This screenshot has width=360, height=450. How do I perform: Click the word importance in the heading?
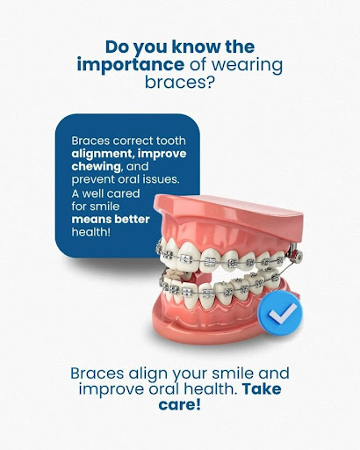click(x=131, y=65)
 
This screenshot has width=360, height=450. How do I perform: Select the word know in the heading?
click(x=196, y=47)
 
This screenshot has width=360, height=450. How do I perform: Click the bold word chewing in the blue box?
click(x=96, y=167)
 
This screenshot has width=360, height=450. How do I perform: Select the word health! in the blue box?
click(x=91, y=232)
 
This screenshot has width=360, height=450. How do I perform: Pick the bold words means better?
click(x=111, y=219)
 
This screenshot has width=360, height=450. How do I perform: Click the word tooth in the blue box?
click(x=171, y=141)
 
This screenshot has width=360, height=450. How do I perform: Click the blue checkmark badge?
click(x=280, y=313)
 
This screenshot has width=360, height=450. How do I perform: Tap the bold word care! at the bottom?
click(x=180, y=404)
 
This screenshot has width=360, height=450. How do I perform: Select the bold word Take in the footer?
click(x=262, y=389)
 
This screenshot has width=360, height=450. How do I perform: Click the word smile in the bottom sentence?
click(x=233, y=374)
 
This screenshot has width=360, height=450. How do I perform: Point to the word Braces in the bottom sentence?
click(x=97, y=374)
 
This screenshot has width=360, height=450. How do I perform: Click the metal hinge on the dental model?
click(x=296, y=254)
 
